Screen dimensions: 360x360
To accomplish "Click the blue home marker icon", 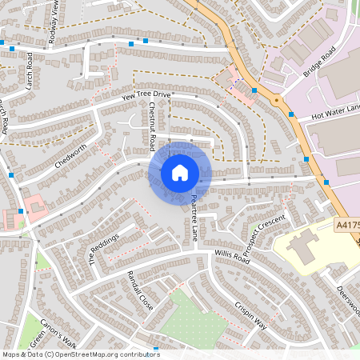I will (179, 173).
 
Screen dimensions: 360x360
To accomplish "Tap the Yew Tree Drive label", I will (146, 96).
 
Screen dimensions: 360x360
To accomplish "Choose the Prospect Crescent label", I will (265, 234).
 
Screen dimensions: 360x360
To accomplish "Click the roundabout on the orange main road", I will (276, 102).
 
